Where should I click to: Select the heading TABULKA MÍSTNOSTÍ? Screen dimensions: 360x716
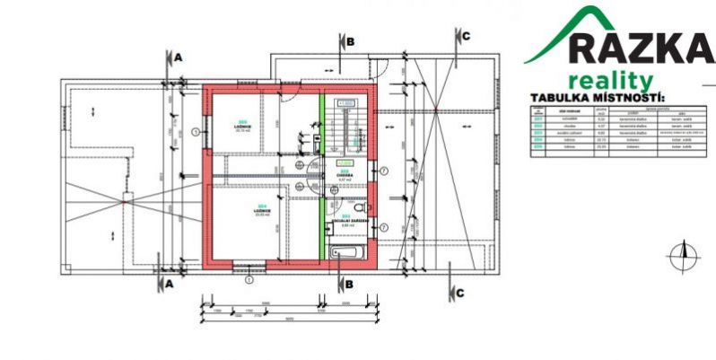tap(598, 97)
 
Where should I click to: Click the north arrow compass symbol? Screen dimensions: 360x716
tap(682, 257)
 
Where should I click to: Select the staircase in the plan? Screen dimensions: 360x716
tap(345, 130)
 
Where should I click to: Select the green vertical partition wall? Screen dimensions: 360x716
tap(321, 175)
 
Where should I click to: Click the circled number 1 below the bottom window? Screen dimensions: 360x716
tap(249, 278)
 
